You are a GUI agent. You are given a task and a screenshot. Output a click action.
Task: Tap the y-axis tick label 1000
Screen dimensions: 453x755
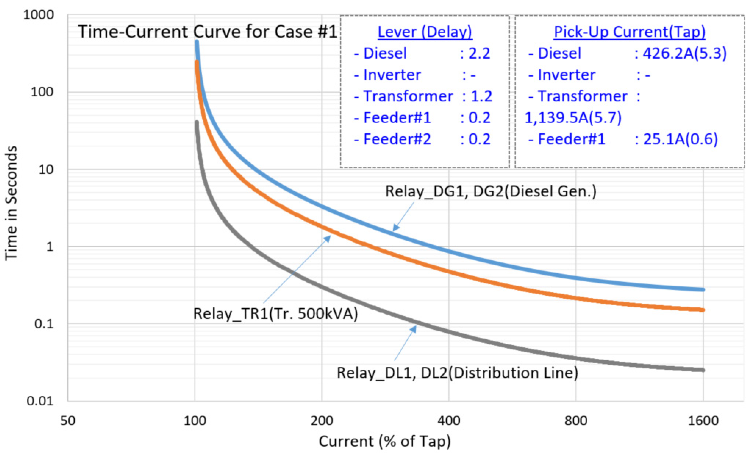(x=38, y=15)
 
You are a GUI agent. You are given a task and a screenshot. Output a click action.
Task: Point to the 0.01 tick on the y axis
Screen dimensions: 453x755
(x=40, y=401)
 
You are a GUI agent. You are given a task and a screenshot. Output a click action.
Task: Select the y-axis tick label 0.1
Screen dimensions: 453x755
(x=44, y=324)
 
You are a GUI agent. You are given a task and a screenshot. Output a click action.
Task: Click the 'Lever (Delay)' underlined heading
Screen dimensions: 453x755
(x=425, y=32)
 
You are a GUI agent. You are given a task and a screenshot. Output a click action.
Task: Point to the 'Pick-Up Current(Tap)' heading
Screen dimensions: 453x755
(x=629, y=32)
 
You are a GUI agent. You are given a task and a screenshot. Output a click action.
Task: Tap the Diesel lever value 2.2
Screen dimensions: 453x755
(x=479, y=53)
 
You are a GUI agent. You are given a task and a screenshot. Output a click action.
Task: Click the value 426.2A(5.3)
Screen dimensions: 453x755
(x=685, y=53)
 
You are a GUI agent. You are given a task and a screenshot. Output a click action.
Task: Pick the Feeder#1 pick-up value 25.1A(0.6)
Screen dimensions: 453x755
(x=680, y=139)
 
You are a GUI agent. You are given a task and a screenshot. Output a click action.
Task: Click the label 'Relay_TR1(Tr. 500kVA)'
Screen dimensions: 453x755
(x=275, y=313)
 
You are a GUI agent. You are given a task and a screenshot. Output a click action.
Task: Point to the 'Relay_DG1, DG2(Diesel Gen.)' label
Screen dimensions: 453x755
(x=491, y=191)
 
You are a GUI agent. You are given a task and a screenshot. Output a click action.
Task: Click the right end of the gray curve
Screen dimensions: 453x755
(x=703, y=370)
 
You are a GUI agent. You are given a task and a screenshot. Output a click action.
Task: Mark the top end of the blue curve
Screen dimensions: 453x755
(x=197, y=42)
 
